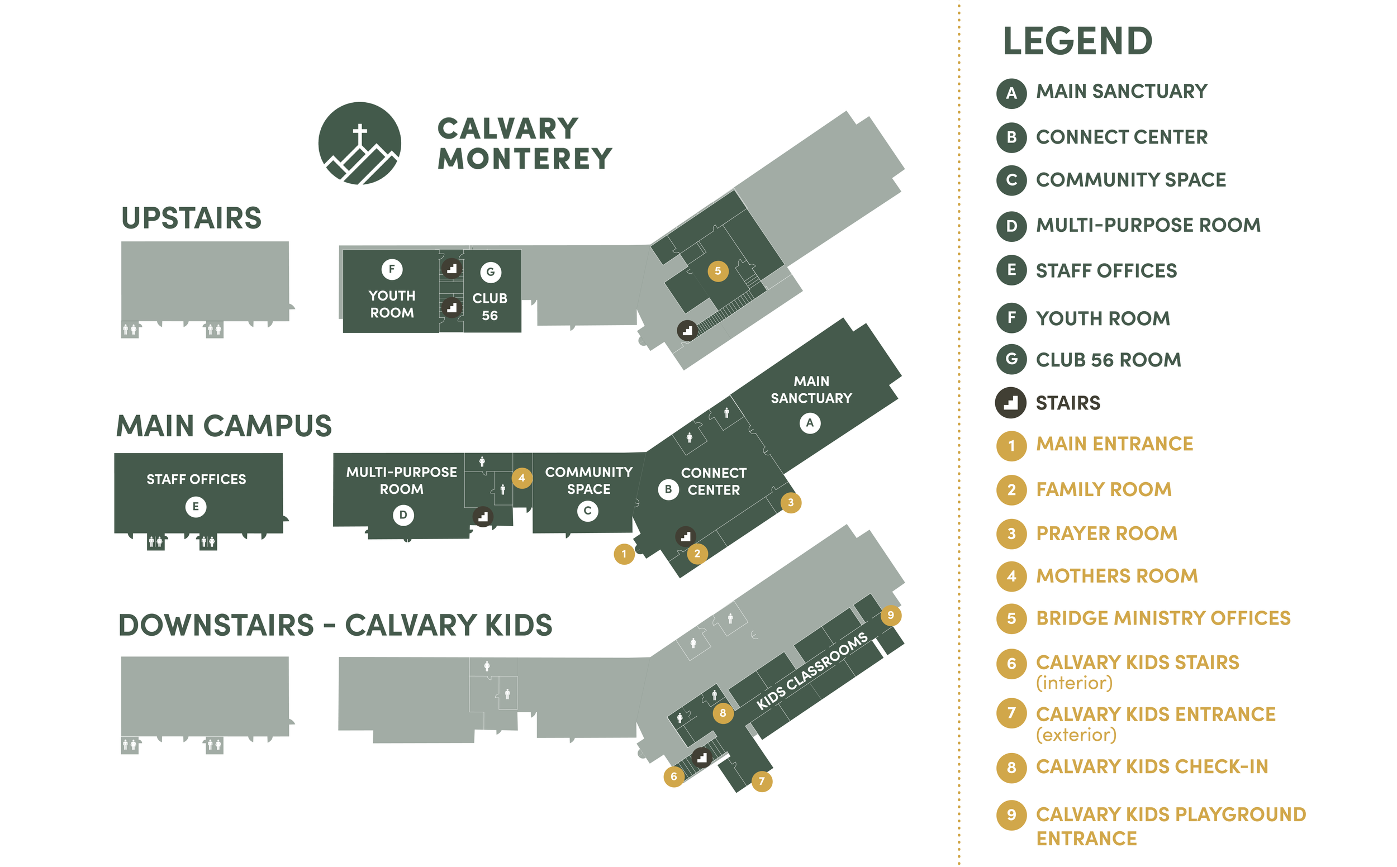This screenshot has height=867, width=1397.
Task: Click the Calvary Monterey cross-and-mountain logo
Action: pos(359,144)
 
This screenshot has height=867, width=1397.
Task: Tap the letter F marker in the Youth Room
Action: pos(392,269)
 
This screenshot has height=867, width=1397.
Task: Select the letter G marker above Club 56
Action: pos(490,272)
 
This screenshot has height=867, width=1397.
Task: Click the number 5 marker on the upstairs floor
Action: pos(718,270)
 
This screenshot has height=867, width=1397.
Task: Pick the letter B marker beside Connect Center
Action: pos(668,490)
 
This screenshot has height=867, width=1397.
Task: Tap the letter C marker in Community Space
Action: pos(588,511)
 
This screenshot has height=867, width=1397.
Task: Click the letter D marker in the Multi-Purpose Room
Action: pos(403,515)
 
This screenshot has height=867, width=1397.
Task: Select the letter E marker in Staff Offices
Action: pos(196,506)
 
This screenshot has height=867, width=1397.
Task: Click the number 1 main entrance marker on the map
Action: pos(624,554)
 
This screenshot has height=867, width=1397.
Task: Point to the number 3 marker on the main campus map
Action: pos(791,503)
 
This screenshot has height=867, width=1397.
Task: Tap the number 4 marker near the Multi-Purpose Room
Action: pos(521,478)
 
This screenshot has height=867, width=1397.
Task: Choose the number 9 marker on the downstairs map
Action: pos(891,615)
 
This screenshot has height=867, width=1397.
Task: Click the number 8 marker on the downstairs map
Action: pos(723,713)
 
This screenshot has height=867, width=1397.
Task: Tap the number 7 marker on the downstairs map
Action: pos(762,780)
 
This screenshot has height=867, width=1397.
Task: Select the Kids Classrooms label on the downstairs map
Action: pos(812,671)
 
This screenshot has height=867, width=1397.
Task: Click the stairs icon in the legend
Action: pos(1011,403)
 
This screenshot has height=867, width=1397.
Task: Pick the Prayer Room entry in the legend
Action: pos(1106,533)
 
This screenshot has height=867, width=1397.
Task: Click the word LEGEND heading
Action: pos(1077,41)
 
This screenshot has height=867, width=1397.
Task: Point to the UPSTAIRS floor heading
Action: pos(192,218)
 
